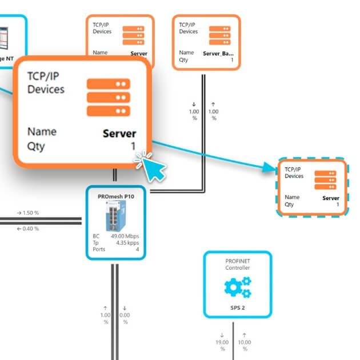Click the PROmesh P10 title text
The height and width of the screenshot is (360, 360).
point(116,196)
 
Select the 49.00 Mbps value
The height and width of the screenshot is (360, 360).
point(125,235)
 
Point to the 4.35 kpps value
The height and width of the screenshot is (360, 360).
point(126,242)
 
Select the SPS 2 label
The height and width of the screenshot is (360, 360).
point(238,307)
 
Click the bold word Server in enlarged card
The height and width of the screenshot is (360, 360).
point(119,134)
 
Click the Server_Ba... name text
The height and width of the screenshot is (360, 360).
point(218,53)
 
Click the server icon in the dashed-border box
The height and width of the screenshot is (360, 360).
point(325,180)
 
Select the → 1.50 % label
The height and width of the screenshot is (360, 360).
point(27,213)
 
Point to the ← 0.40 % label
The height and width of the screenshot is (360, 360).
point(27,229)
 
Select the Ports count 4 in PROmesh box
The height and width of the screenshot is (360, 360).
point(137,249)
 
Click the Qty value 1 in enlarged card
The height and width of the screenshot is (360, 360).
point(133,146)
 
